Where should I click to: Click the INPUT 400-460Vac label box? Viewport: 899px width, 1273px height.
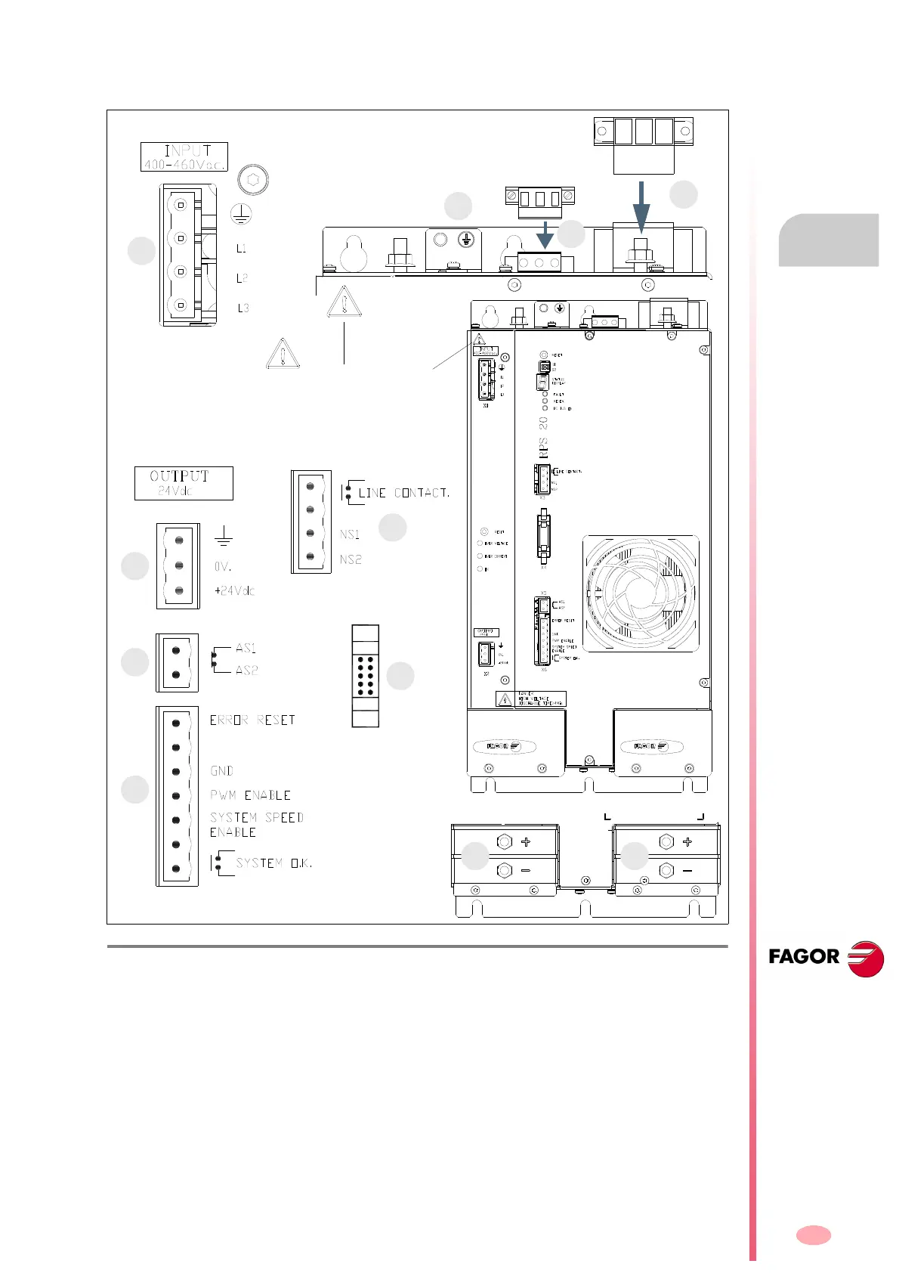(x=184, y=156)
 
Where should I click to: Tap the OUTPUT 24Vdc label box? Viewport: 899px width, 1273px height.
(x=184, y=483)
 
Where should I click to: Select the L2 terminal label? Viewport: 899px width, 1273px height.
(x=242, y=278)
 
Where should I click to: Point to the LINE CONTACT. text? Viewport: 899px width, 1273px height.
(x=404, y=493)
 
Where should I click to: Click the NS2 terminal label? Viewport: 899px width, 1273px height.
(x=351, y=559)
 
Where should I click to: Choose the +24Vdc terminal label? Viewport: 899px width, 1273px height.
(x=234, y=590)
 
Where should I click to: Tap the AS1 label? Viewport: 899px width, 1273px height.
(x=246, y=649)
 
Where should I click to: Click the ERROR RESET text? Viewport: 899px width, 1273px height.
(x=252, y=720)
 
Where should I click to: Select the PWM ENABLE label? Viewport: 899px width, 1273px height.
(x=250, y=795)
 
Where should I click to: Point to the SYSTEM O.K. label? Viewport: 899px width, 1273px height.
(x=273, y=863)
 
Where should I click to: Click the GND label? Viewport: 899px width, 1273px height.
(x=221, y=771)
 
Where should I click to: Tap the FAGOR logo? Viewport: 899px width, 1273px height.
(x=826, y=958)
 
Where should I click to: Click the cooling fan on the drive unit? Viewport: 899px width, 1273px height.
(x=641, y=593)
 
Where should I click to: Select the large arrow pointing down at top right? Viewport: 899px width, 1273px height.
(x=641, y=206)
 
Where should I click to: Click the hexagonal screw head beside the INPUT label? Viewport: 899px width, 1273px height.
(x=253, y=180)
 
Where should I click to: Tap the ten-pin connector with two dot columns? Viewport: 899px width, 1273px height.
(x=366, y=675)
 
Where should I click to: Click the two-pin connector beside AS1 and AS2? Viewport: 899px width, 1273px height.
(x=177, y=662)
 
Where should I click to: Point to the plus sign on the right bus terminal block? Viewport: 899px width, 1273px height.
(x=687, y=842)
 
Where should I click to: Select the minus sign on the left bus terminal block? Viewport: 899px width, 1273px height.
(x=526, y=871)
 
